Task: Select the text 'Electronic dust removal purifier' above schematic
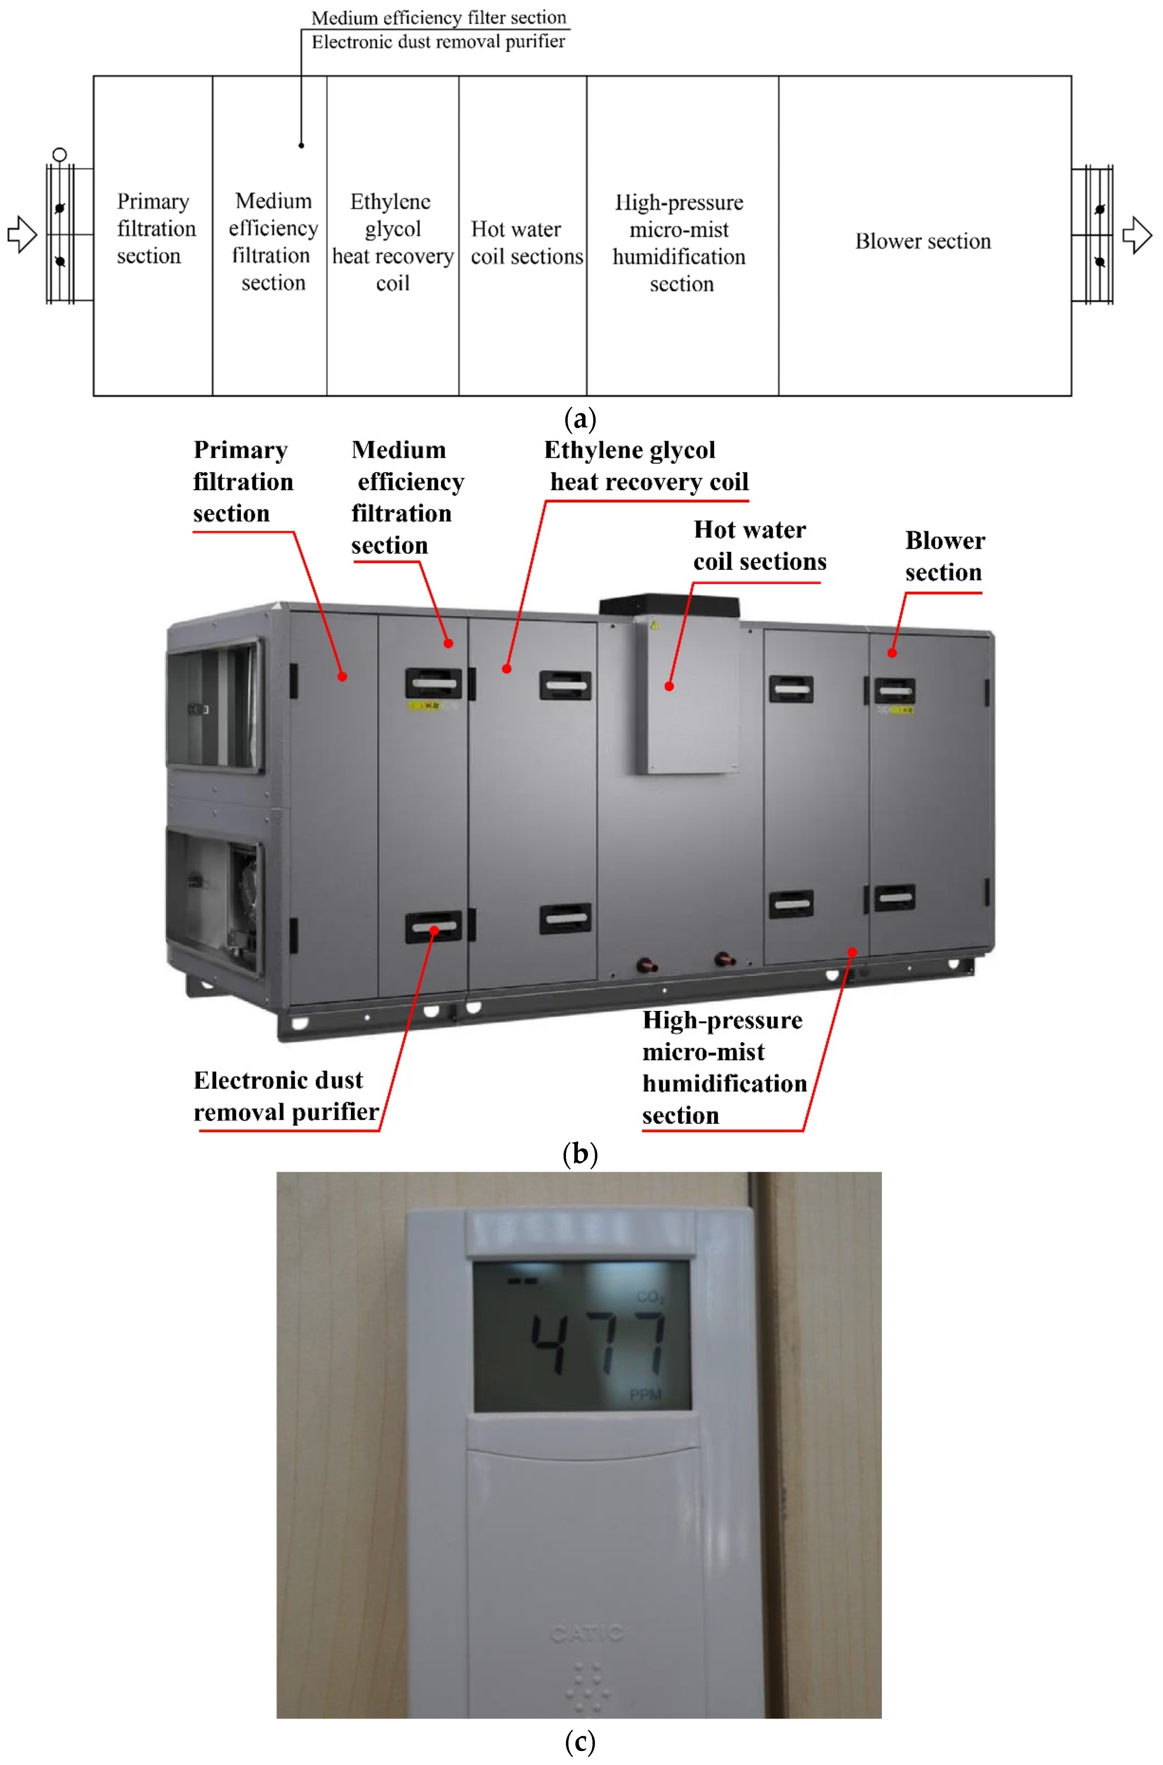pos(438,41)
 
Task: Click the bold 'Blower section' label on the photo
pos(944,556)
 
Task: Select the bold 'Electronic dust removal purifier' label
pos(285,1096)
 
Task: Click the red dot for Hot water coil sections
pos(669,686)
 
